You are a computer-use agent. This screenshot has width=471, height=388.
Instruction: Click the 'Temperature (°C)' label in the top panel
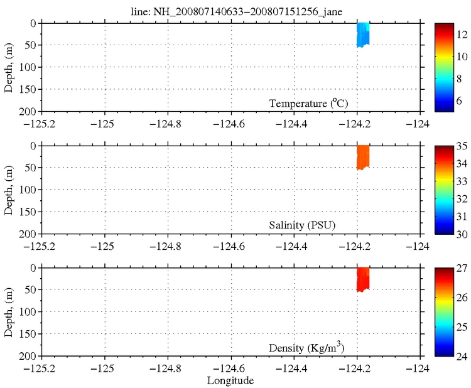[309, 103]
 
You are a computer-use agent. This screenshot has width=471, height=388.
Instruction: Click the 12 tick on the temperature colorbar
[458, 35]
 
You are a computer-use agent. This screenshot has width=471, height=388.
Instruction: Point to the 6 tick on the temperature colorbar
[458, 99]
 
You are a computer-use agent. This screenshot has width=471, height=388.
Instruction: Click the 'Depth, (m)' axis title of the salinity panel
[9, 190]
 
